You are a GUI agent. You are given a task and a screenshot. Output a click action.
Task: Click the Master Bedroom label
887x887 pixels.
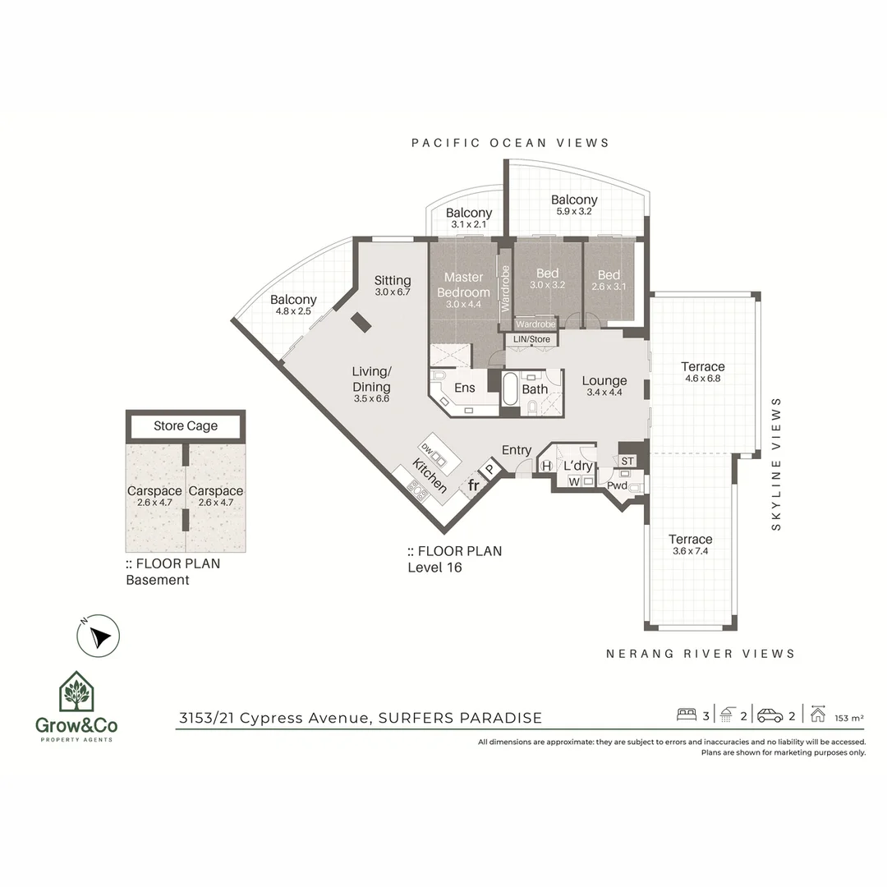coord(463,285)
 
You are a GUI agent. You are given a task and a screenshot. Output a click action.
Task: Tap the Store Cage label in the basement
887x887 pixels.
coord(186,425)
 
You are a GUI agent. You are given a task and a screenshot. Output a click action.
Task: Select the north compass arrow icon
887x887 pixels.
coord(99,637)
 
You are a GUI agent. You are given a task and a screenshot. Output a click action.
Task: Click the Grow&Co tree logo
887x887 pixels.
coord(75,692)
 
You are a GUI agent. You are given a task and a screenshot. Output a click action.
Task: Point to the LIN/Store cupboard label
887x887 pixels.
coord(531,339)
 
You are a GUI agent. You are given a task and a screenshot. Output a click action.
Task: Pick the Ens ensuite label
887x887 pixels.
coord(465,388)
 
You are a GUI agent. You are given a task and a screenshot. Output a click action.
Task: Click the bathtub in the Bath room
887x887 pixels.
coord(509,389)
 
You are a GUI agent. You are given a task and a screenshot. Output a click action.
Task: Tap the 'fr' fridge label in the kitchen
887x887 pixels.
coord(474,485)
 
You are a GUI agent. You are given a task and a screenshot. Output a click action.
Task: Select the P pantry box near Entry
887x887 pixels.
coord(490,469)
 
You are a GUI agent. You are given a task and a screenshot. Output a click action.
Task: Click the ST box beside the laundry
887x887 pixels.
coord(627,461)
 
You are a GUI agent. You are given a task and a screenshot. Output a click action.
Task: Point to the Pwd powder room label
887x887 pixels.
coord(617,486)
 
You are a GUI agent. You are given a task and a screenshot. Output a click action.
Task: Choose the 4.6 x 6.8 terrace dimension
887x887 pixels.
coord(702,379)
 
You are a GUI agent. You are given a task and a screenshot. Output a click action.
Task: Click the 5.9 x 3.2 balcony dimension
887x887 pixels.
coord(574,211)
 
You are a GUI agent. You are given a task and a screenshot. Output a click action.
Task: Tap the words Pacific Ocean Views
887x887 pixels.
coord(510,143)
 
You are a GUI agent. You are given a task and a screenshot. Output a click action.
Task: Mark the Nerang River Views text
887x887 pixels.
coord(701,654)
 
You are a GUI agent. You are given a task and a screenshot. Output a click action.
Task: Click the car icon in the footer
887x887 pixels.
coord(770,715)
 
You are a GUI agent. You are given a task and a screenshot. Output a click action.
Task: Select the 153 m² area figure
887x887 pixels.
coord(848,717)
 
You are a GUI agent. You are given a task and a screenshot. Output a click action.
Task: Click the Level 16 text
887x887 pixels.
coord(435,567)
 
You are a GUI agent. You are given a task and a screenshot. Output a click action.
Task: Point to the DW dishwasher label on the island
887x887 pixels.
coord(427,447)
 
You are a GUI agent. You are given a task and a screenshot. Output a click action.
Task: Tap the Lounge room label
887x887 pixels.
coord(604,380)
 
